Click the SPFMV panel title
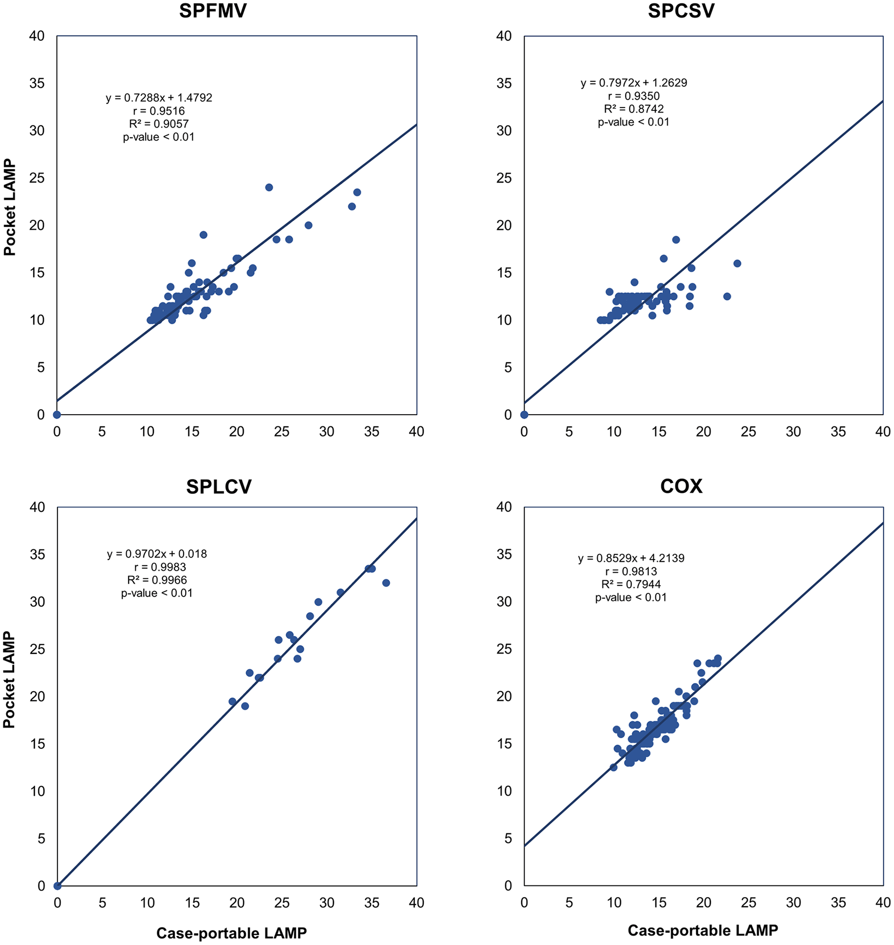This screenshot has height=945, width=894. point(212,11)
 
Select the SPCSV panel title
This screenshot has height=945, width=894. point(681,11)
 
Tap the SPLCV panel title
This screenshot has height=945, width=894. point(218,486)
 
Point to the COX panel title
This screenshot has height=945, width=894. point(681,486)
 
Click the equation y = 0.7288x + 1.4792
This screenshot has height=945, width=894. point(159,98)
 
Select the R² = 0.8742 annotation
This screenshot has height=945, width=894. point(634,109)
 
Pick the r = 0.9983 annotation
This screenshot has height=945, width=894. point(160,567)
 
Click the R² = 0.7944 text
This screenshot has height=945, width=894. point(631,584)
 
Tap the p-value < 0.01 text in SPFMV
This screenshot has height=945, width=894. point(158,137)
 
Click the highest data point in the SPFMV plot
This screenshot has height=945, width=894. point(269,188)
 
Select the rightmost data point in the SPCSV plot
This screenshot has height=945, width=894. point(737,263)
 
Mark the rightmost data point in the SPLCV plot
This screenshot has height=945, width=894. point(386,583)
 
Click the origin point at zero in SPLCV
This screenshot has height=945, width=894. point(58,886)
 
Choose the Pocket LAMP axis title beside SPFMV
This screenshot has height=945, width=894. point(10,207)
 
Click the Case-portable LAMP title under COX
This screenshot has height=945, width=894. point(703,930)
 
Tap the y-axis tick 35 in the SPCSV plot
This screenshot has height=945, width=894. point(504,83)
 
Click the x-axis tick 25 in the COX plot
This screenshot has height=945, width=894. point(748,903)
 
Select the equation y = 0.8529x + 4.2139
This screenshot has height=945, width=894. point(631,558)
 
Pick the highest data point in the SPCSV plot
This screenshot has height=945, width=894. point(676,240)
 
